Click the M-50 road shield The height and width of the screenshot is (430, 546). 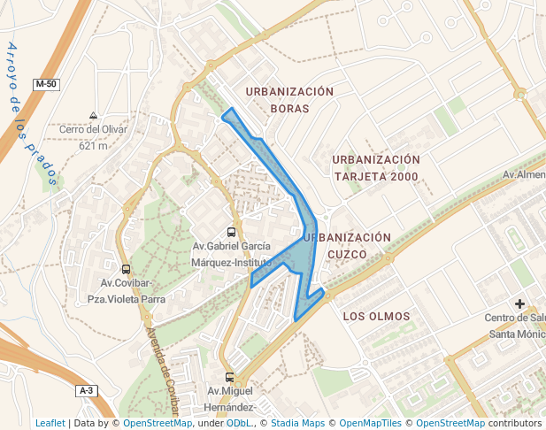click(x=46, y=84)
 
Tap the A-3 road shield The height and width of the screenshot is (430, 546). click(x=86, y=390)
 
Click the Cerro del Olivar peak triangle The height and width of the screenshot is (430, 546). click(x=94, y=116)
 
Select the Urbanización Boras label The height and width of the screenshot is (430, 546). click(x=289, y=100)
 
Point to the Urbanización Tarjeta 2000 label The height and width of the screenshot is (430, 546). click(x=375, y=167)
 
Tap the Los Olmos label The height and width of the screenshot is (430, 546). click(x=376, y=316)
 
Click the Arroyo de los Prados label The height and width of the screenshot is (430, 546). click(x=31, y=115)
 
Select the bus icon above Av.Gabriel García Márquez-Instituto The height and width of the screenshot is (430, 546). click(x=232, y=232)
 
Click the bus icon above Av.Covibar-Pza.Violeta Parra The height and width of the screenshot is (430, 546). click(x=126, y=269)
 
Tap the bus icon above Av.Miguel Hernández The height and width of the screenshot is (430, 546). click(x=230, y=377)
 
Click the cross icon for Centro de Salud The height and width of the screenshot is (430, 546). click(x=520, y=304)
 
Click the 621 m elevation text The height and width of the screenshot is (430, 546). click(x=92, y=146)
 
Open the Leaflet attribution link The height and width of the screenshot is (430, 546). click(x=50, y=423)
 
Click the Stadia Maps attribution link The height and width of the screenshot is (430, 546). click(x=297, y=423)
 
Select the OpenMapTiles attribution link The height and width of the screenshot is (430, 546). click(x=371, y=423)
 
